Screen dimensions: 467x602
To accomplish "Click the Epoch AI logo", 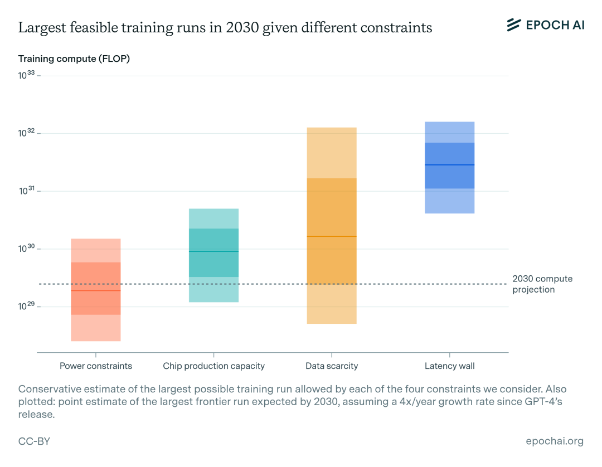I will pos(545,25).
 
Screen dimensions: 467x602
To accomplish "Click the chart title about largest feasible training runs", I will pos(225,28).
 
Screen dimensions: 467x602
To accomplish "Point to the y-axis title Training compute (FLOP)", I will pos(74,59).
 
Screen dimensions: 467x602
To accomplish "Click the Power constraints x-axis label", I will pos(96,366).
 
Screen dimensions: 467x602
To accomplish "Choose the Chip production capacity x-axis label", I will pos(213,366).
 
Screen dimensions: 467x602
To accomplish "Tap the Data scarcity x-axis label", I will pos(332,366).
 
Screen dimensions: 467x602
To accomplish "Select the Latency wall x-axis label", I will pos(449,366).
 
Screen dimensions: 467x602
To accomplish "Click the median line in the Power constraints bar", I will pos(96,290).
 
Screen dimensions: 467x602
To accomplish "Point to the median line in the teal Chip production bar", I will pos(213,251).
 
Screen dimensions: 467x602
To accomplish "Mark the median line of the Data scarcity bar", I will pos(332,236).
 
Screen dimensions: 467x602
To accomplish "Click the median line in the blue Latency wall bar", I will pos(449,165).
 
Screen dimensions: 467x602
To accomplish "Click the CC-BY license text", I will pos(34,441).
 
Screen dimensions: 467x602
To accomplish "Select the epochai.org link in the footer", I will pos(555,441).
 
